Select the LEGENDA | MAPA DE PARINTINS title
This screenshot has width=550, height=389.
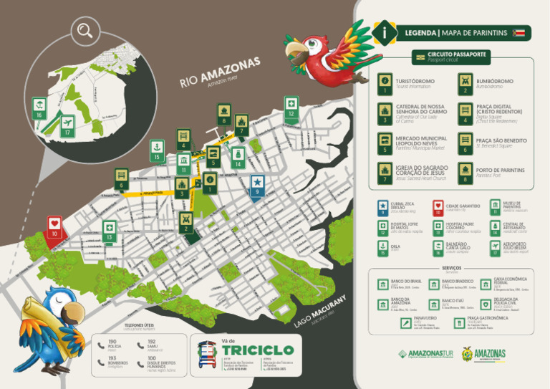click(456, 33)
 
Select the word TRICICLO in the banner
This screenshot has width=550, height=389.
click(258, 350)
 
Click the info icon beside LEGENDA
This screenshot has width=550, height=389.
click(387, 33)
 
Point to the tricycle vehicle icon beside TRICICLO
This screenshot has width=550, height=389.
click(208, 354)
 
